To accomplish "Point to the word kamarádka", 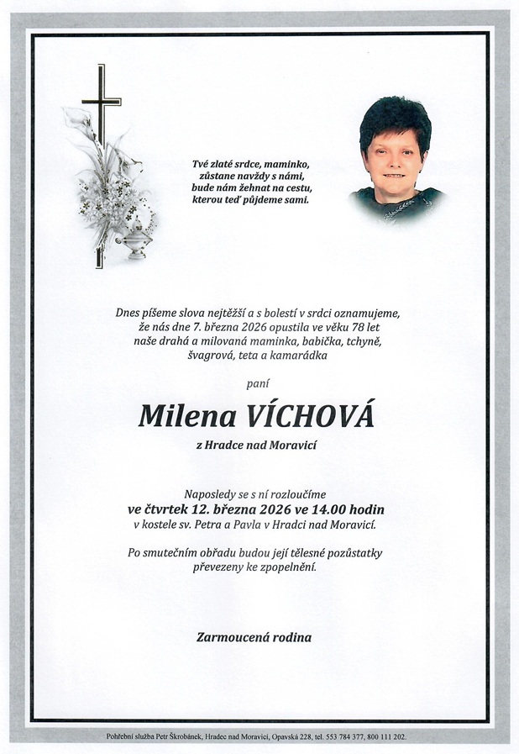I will click(300, 356).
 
